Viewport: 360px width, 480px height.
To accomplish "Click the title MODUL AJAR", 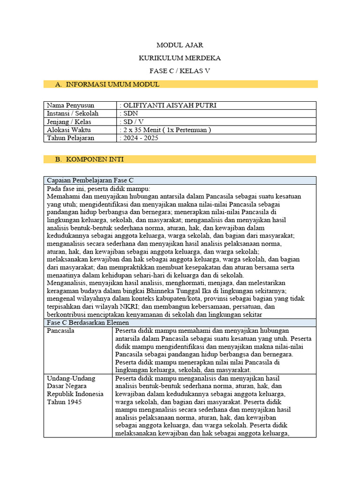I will click(x=180, y=45).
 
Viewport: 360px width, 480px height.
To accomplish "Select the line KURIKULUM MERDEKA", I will click(x=180, y=58).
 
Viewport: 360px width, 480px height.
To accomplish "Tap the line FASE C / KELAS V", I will click(x=180, y=71).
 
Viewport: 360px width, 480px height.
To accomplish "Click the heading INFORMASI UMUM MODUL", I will click(x=112, y=84).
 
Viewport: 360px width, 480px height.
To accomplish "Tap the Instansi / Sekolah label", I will click(x=72, y=113).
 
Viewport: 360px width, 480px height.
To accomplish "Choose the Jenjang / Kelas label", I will click(x=68, y=122).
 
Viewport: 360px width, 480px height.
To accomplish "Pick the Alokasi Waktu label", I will click(x=69, y=130).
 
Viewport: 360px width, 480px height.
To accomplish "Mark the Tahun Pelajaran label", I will click(x=70, y=138).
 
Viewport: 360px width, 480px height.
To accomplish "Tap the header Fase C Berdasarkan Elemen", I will click(x=88, y=322).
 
